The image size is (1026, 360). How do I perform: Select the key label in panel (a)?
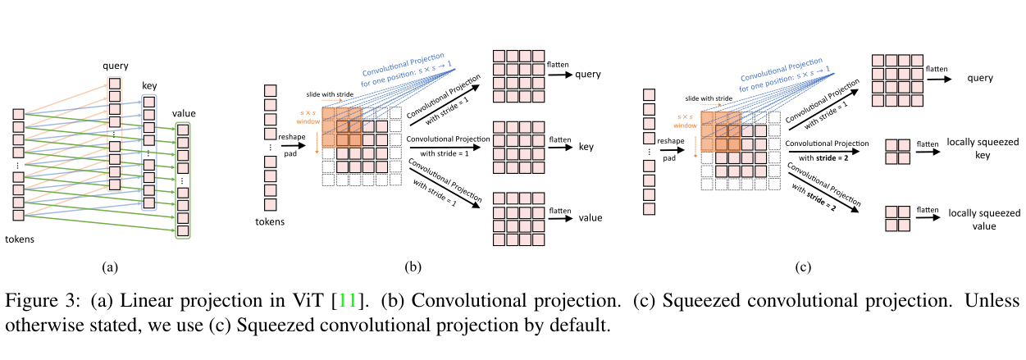(149, 84)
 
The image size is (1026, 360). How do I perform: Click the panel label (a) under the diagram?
(110, 267)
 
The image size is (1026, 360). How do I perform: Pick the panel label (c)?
(802, 267)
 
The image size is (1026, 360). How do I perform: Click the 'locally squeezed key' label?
(972, 148)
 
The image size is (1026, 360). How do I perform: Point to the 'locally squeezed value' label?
(972, 219)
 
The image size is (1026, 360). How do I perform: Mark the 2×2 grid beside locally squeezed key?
(898, 152)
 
